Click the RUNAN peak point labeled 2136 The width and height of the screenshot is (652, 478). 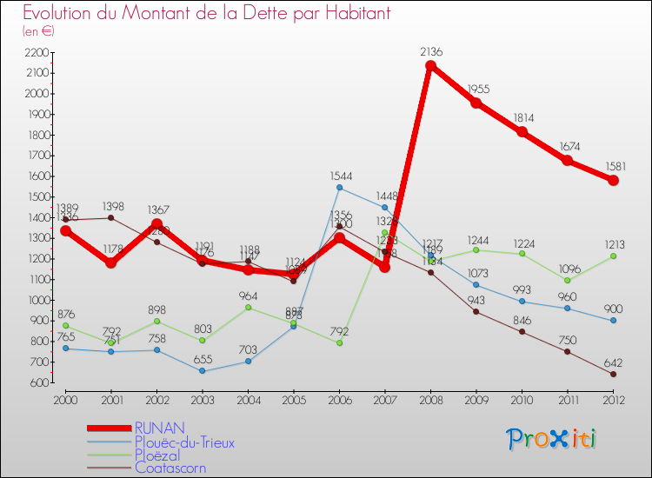click(x=430, y=65)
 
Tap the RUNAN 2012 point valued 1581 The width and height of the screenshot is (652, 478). click(x=613, y=180)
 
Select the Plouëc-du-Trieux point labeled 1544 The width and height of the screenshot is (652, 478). click(x=339, y=188)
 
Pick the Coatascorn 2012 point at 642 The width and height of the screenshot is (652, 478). click(x=613, y=374)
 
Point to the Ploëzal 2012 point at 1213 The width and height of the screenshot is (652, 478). click(x=613, y=256)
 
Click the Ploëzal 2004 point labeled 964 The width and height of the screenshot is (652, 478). click(x=248, y=308)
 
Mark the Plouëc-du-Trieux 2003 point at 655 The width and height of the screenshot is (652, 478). click(x=203, y=371)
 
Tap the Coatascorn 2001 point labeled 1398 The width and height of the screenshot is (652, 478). click(x=111, y=217)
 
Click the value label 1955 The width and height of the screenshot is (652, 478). click(x=478, y=90)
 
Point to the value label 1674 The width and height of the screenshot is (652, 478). click(x=569, y=147)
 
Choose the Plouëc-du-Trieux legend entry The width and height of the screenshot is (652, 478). click(x=184, y=442)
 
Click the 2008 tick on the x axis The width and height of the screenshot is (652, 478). click(x=430, y=398)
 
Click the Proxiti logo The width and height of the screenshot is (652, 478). click(x=552, y=439)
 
